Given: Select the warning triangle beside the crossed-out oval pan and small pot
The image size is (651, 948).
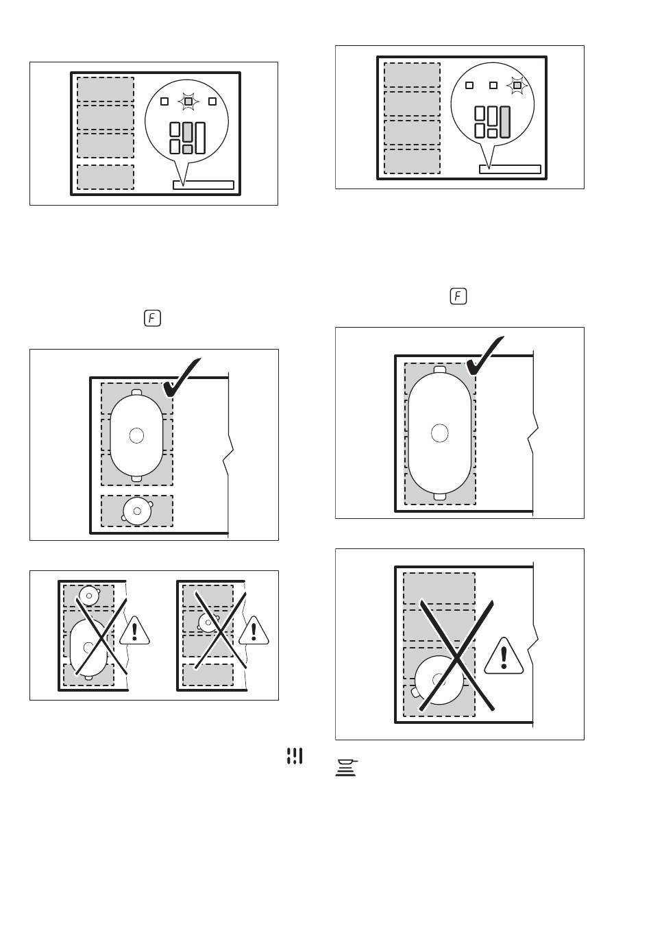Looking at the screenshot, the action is [134, 631].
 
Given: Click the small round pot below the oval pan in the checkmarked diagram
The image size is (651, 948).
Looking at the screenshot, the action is [137, 511].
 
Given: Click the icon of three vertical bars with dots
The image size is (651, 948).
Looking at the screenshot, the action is [295, 756].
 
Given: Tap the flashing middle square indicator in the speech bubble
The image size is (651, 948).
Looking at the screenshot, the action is [188, 101].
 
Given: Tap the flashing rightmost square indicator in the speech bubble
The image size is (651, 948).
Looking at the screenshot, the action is [517, 86].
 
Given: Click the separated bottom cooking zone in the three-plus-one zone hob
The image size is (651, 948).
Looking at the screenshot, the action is [106, 177].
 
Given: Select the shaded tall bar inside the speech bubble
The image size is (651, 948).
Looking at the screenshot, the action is [504, 122].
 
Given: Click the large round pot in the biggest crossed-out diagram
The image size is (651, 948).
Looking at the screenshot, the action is [439, 680].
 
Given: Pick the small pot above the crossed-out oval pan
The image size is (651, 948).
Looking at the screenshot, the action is [89, 596].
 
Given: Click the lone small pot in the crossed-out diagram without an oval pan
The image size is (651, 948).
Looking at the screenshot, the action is [208, 622].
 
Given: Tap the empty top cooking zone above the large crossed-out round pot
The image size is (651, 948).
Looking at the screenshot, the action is [439, 588].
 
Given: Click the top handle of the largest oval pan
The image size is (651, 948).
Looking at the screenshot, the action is [440, 370].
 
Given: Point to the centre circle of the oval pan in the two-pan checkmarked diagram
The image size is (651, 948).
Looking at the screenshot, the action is [136, 435].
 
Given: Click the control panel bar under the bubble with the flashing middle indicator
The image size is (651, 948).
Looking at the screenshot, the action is [204, 185].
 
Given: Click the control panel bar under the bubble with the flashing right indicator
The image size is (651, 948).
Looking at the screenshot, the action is [510, 169].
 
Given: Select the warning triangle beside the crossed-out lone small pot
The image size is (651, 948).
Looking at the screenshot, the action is [254, 631].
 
